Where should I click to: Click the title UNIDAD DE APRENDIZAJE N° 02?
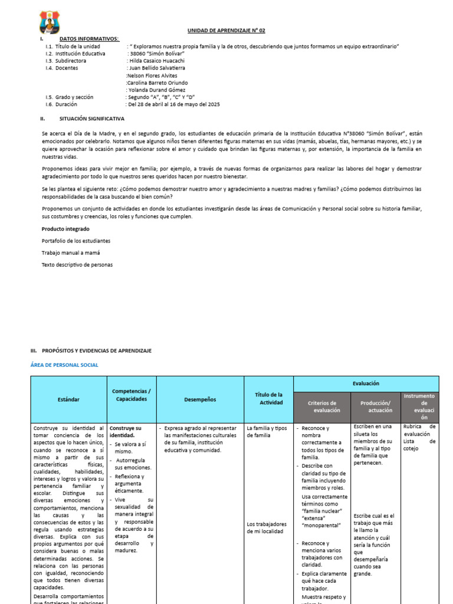click(x=226, y=31)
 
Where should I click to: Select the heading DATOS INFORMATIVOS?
click(x=89, y=39)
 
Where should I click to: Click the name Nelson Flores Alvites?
click(x=152, y=75)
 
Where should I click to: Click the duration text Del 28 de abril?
click(x=173, y=104)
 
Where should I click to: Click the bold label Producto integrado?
click(x=65, y=229)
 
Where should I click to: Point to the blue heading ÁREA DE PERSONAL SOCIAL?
click(x=64, y=365)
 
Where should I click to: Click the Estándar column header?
click(x=68, y=399)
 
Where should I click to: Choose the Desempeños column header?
click(x=200, y=399)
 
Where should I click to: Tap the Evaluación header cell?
click(x=366, y=383)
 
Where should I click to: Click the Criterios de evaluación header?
click(x=322, y=406)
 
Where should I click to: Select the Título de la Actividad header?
click(x=268, y=399)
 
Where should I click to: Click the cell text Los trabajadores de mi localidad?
click(x=267, y=527)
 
